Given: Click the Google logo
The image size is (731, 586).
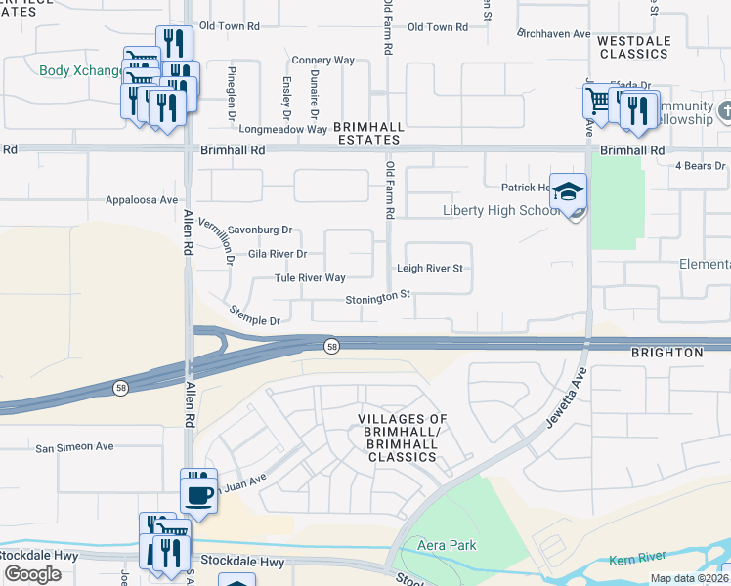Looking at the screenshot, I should [x=32, y=574].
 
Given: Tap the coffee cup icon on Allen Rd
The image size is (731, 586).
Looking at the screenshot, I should [x=199, y=493].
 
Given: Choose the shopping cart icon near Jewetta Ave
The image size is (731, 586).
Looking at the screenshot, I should [x=596, y=101].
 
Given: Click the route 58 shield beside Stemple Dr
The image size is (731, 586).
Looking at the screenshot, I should [x=332, y=346].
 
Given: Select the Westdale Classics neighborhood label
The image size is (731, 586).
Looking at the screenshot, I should [x=632, y=47].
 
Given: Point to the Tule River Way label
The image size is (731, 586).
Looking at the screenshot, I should [x=310, y=278].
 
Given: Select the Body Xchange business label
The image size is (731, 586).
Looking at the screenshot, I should [x=80, y=71].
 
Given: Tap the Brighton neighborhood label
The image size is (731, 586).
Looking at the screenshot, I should [x=667, y=352].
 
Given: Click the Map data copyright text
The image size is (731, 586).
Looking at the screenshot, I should [x=688, y=578].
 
